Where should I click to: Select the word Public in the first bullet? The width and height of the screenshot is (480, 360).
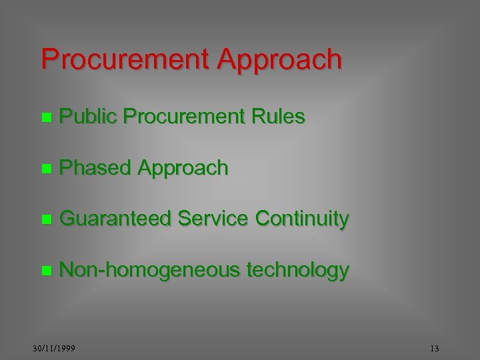click(88, 117)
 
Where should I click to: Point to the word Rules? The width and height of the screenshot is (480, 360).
click(278, 117)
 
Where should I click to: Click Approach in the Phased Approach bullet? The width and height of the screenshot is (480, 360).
click(183, 168)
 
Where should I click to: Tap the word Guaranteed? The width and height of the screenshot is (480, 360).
click(114, 218)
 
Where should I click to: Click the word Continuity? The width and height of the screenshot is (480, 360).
click(302, 219)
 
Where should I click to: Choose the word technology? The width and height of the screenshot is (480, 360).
click(297, 270)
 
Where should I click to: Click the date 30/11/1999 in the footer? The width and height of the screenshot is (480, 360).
click(54, 349)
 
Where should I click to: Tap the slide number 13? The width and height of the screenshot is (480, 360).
click(435, 349)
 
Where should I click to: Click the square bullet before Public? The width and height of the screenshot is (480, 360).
click(45, 118)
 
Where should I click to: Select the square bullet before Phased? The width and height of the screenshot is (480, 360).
click(45, 169)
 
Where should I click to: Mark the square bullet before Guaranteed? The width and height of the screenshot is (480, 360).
click(45, 219)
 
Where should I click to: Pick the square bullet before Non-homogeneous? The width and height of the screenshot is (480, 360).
click(45, 271)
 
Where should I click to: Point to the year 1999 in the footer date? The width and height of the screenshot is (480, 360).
click(65, 349)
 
